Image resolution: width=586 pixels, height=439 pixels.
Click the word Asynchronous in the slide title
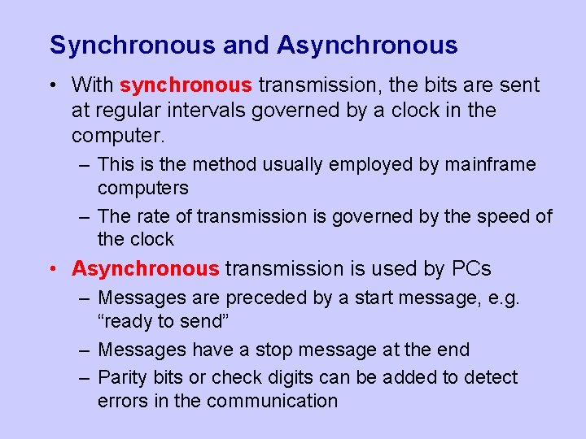[367, 46]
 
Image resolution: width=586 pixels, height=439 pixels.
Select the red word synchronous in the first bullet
[186, 85]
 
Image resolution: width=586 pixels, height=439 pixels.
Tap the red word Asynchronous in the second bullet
[146, 268]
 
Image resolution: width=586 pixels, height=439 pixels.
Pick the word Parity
[122, 377]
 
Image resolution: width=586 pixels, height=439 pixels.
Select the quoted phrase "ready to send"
[163, 321]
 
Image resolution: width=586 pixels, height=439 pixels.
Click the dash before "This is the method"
[85, 164]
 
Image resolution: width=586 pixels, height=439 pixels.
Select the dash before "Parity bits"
[85, 377]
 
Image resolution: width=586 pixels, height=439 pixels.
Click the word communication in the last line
[272, 401]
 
